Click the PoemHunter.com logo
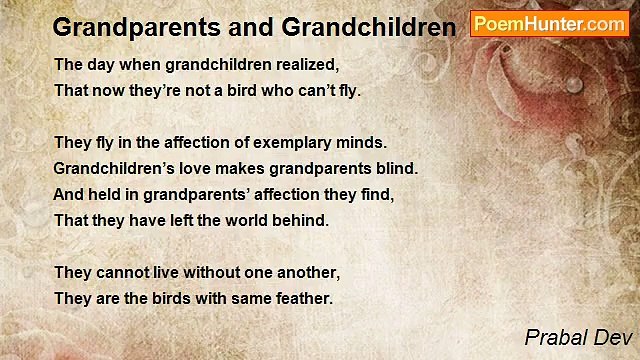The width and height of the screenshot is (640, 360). [x=549, y=24]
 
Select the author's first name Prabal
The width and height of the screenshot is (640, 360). [x=556, y=338]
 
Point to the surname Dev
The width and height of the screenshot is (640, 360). [x=610, y=338]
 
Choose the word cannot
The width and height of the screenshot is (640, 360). [x=124, y=272]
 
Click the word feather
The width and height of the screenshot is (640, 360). [x=301, y=298]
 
